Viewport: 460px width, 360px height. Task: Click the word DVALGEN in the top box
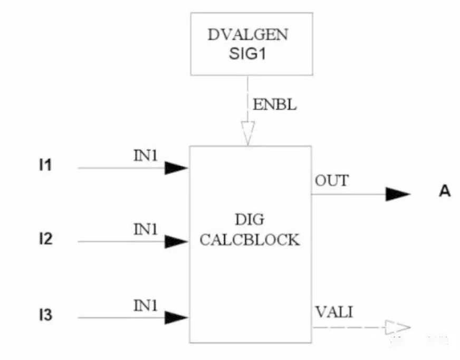248,35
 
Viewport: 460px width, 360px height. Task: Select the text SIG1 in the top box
248,54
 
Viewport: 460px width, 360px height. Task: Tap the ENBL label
274,105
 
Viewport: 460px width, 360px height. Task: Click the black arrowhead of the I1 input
176,168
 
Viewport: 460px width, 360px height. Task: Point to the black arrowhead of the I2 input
176,242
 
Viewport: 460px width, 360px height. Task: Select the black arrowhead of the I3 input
176,318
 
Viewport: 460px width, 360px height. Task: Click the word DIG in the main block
250,220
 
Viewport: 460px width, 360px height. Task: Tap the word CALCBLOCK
250,240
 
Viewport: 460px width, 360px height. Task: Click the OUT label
332,181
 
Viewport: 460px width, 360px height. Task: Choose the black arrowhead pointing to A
397,194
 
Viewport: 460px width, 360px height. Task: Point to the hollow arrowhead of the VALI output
397,328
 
